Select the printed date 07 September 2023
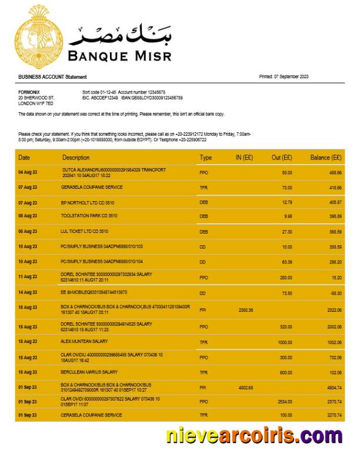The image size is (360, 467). (x=292, y=77)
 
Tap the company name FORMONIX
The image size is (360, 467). (x=29, y=92)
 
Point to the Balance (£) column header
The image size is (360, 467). (x=326, y=158)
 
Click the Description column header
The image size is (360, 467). (x=76, y=158)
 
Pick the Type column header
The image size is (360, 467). (x=205, y=158)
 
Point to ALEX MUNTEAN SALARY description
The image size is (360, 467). (x=84, y=341)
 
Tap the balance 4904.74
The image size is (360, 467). (x=332, y=388)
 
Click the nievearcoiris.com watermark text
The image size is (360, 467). (x=254, y=436)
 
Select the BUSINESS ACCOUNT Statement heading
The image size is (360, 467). (x=52, y=77)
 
